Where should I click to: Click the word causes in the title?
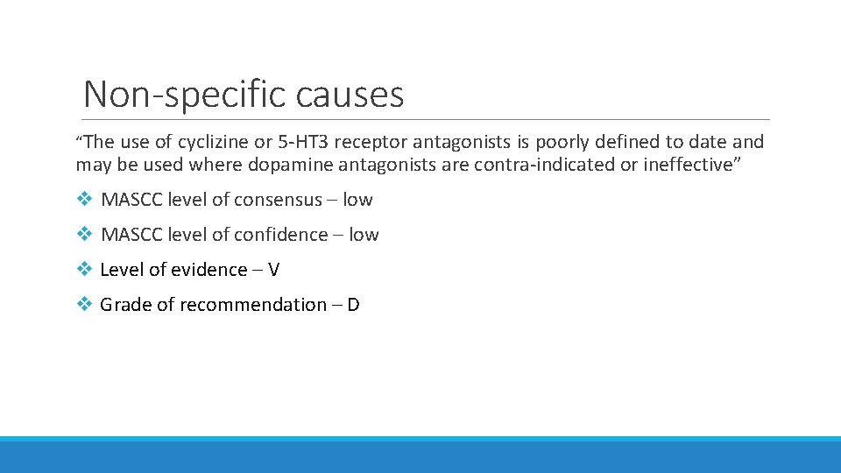tap(350, 94)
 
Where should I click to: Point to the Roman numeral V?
tap(273, 270)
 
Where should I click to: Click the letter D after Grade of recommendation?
tap(353, 305)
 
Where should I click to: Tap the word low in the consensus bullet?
tap(357, 200)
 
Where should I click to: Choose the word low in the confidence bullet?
tap(364, 235)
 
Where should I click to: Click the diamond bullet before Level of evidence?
tap(83, 270)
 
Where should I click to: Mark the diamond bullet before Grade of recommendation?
tap(83, 305)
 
